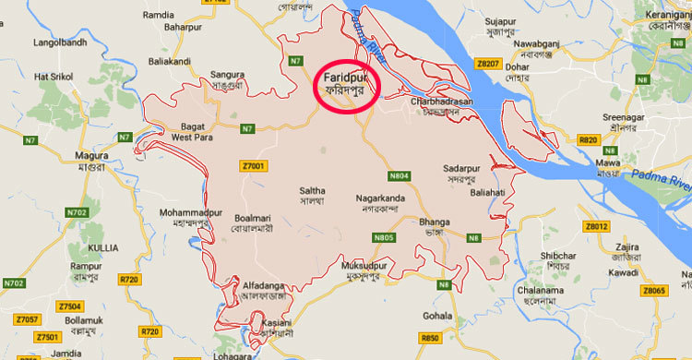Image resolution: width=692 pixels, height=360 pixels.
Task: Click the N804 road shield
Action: (400, 175)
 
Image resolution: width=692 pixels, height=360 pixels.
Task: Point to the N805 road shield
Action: (386, 238)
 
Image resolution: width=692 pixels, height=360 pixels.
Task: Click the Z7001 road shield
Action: (251, 165)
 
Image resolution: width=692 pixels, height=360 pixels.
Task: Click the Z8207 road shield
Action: (489, 64)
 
